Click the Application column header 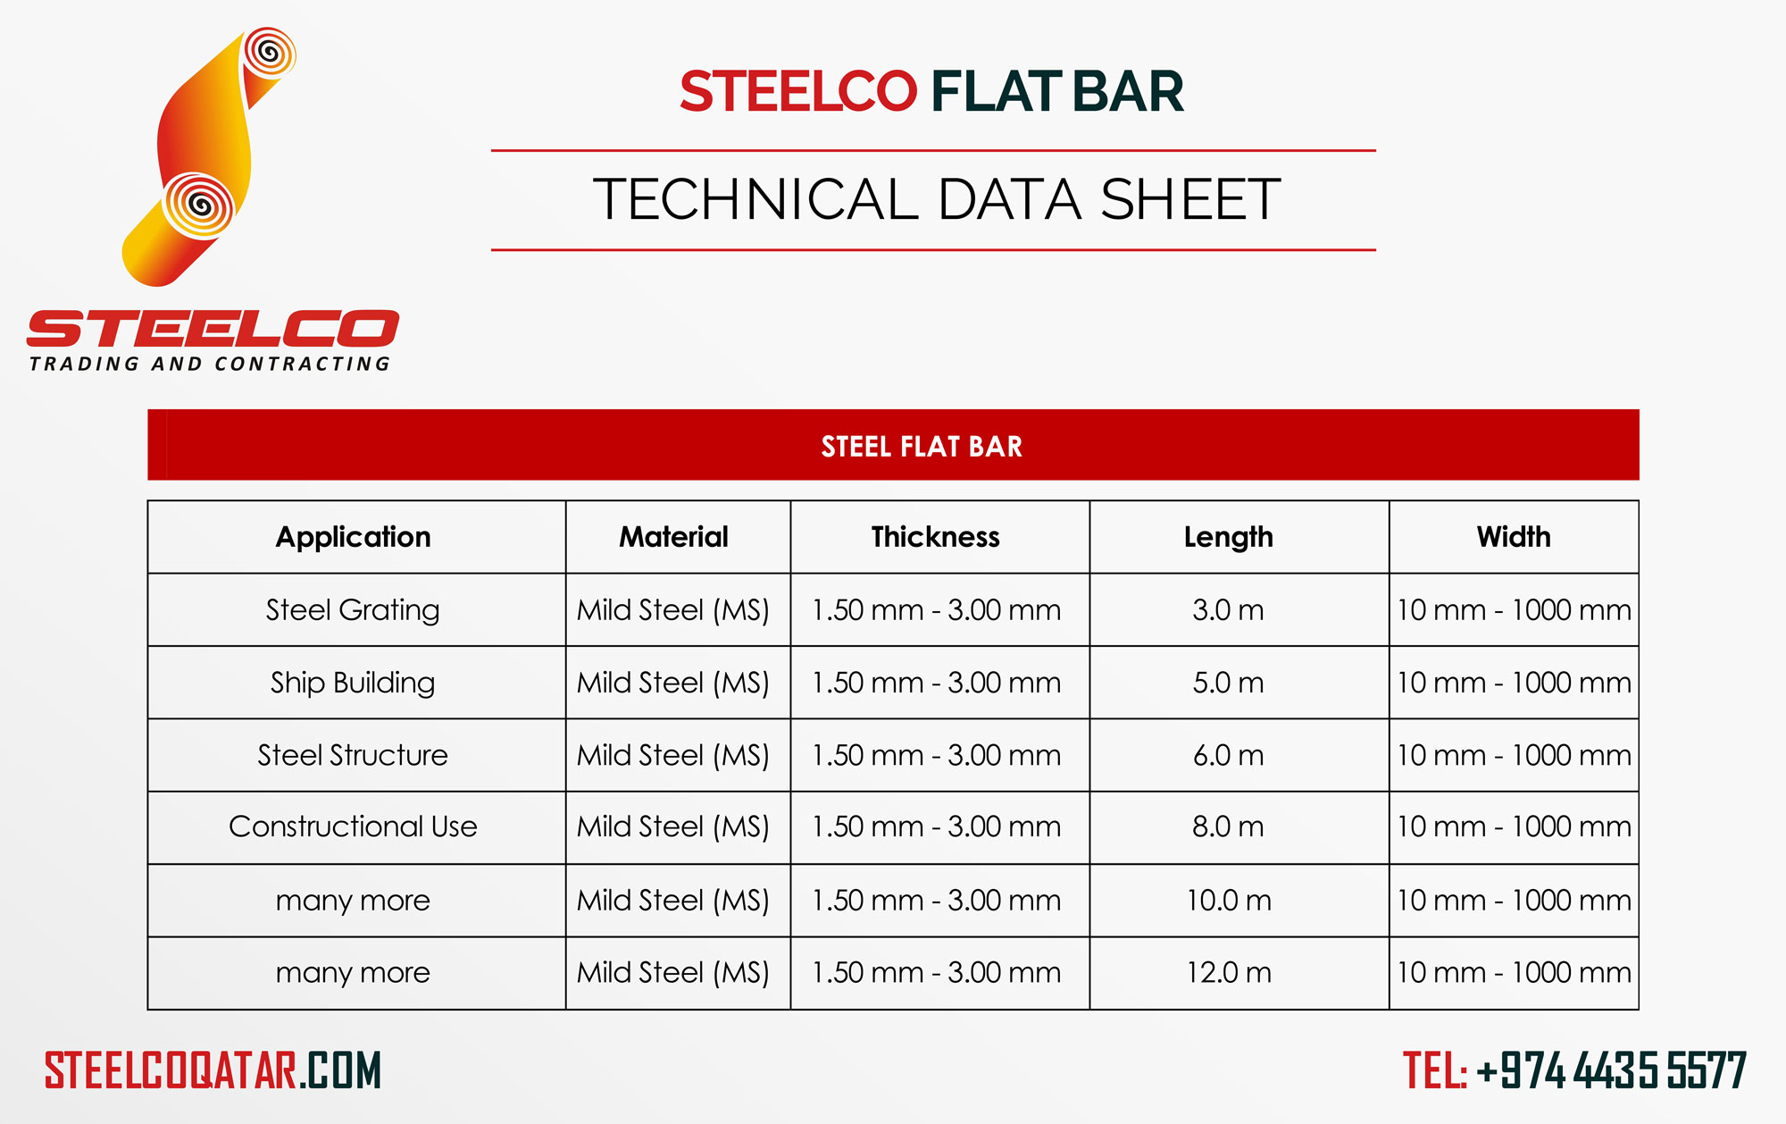[353, 537]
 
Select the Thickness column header [935, 537]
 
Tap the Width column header [1513, 537]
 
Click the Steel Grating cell [353, 610]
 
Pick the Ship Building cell [353, 683]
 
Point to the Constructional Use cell [353, 826]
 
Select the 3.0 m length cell [1228, 610]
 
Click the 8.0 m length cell [1228, 826]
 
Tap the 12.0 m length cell [1228, 972]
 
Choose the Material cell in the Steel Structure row [673, 755]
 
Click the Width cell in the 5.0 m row [1513, 683]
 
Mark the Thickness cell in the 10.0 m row [935, 900]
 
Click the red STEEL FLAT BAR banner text [921, 446]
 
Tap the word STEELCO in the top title [797, 91]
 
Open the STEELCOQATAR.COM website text [213, 1070]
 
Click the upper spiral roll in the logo [269, 54]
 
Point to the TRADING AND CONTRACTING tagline [210, 364]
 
